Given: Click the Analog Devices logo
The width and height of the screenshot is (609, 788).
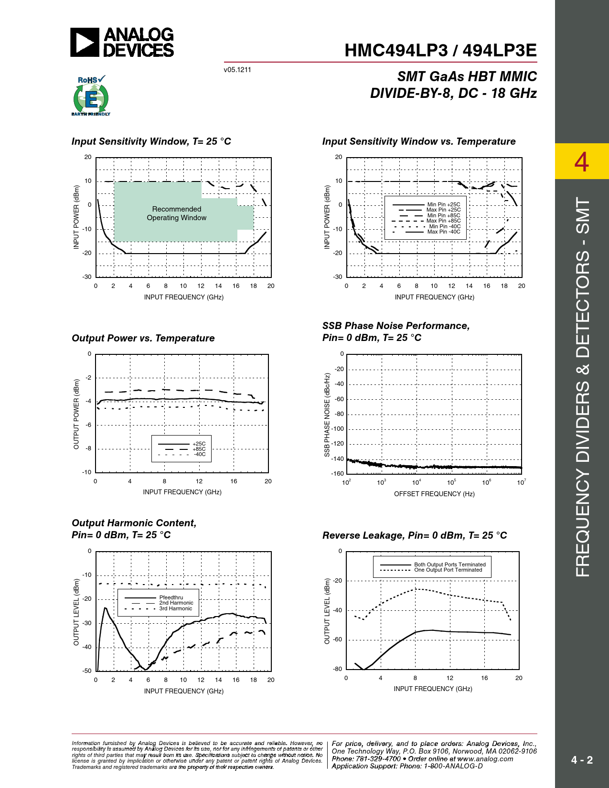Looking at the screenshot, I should coord(122,42).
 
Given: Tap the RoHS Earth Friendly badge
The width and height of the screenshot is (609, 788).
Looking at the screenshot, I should coord(91,96).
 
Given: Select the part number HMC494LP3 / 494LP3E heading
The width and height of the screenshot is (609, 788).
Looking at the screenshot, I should coord(440,51).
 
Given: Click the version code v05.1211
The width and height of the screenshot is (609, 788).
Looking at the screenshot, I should coord(237,70).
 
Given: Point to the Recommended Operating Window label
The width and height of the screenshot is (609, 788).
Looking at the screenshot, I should coord(177,213).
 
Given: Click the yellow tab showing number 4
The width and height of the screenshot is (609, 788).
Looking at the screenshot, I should coord(581,161).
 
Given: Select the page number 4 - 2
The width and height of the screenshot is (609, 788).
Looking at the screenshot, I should coord(582,760).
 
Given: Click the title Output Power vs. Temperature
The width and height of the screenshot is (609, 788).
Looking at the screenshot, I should coord(143,338).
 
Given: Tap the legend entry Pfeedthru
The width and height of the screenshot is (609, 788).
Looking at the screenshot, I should coord(171,597).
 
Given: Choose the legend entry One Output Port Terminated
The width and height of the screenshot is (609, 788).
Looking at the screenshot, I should coord(448,570).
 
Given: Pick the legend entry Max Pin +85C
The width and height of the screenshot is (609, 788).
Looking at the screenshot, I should coord(443,221).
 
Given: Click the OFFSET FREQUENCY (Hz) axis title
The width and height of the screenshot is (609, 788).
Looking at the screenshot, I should coord(434,494).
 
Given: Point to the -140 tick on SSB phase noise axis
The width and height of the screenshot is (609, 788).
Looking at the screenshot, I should coord(338,459).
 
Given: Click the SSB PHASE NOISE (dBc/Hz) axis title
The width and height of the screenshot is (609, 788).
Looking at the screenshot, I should coord(327,415).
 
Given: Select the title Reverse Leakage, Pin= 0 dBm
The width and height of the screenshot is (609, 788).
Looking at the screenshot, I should coord(414,535).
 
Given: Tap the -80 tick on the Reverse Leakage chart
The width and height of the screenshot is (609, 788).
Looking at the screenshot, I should coord(338,669).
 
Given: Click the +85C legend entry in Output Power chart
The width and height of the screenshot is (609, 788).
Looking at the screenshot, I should coord(199,449).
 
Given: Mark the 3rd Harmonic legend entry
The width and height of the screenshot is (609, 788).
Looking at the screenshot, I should coord(175,608).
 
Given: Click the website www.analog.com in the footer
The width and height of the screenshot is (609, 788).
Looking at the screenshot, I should coord(485,759).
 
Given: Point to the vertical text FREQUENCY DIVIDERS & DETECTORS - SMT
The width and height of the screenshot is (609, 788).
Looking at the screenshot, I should coord(583,387).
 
